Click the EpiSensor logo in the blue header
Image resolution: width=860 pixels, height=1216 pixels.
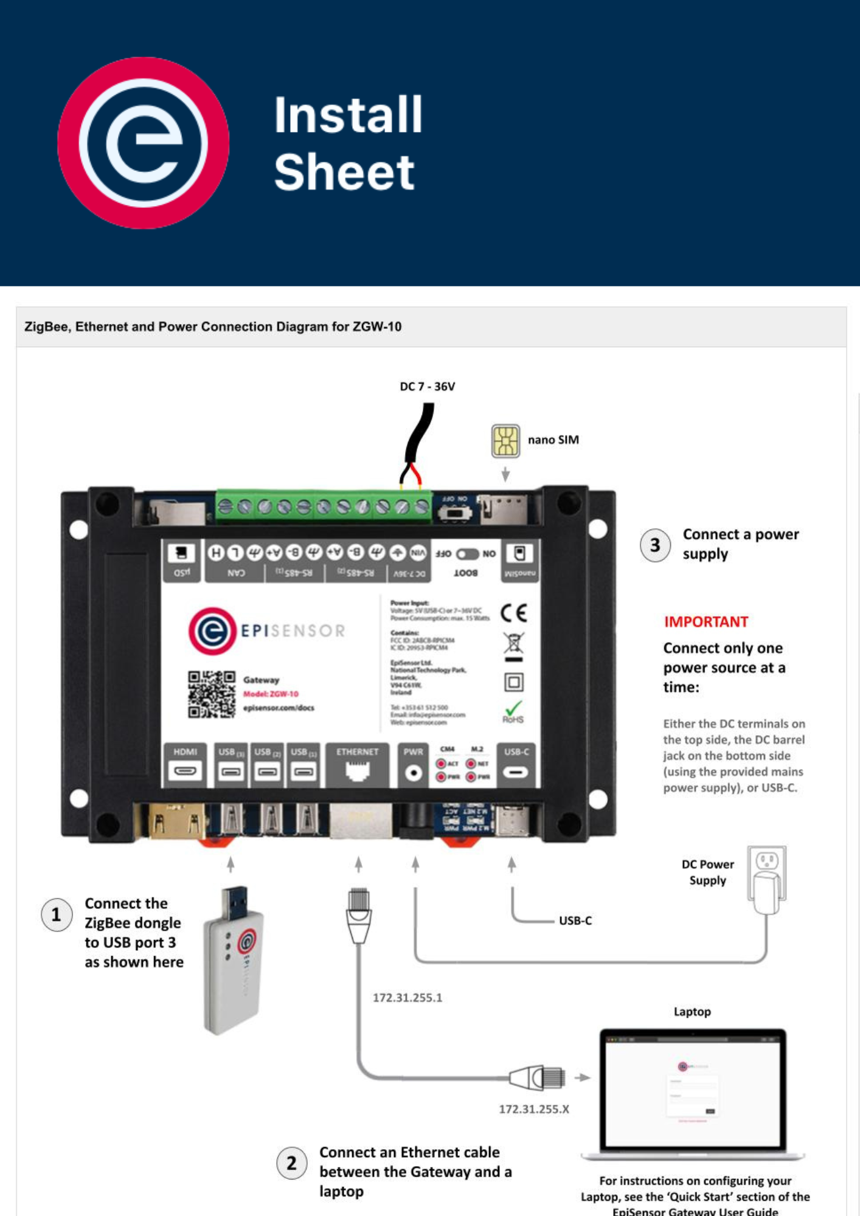tap(144, 143)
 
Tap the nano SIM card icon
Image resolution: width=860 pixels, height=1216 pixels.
tap(505, 441)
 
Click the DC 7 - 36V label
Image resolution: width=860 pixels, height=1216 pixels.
tap(427, 387)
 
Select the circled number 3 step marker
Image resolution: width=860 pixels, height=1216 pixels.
tap(655, 545)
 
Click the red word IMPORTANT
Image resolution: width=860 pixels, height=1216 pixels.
tap(706, 621)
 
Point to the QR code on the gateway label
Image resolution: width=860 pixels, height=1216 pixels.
tap(211, 694)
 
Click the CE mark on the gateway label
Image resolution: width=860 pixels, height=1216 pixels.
tap(513, 613)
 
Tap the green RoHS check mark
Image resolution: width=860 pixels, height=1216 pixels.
tap(513, 708)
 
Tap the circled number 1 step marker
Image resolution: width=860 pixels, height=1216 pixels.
tap(56, 914)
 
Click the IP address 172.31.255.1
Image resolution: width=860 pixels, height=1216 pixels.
tap(407, 998)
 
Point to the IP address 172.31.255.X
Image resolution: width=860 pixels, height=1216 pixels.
tap(534, 1109)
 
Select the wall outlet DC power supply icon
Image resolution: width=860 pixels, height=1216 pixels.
tap(766, 879)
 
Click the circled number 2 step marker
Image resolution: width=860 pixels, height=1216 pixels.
tap(291, 1163)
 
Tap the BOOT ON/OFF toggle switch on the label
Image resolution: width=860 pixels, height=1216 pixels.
tap(467, 554)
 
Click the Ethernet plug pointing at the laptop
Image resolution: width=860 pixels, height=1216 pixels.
tap(538, 1077)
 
